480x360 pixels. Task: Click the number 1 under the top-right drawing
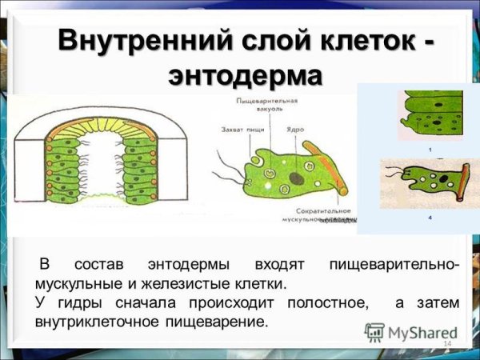tap(430, 150)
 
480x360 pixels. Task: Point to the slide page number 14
tap(446, 343)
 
